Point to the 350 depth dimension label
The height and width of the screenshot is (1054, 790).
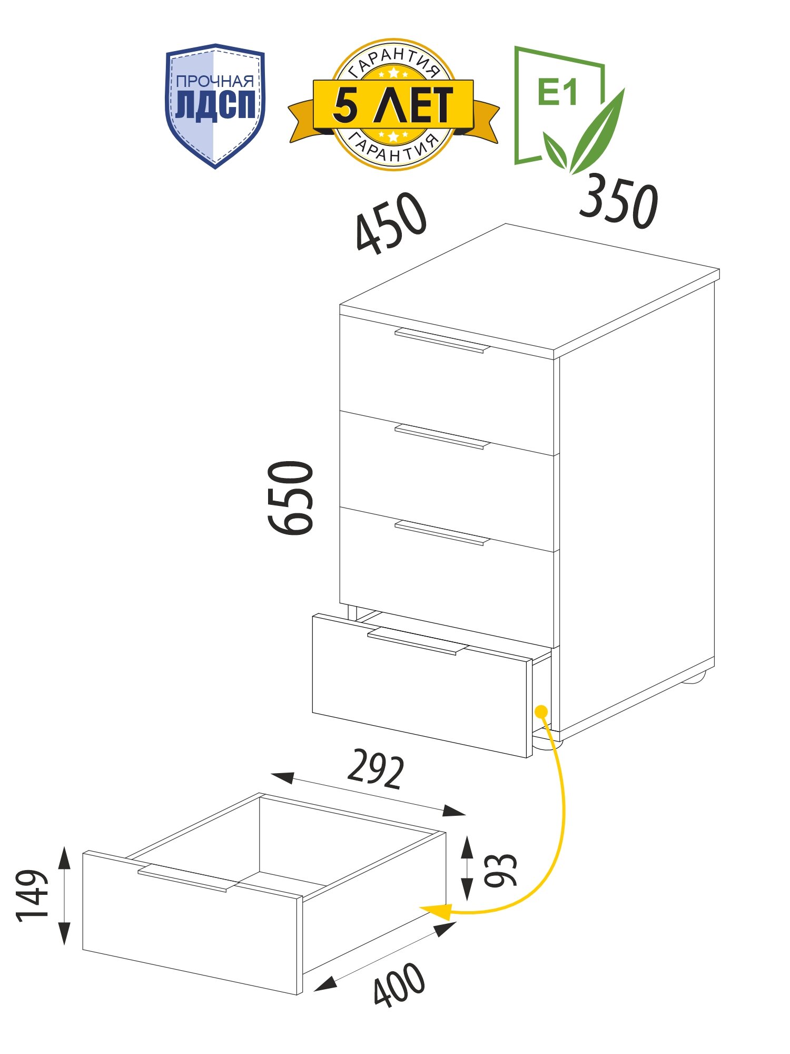618,201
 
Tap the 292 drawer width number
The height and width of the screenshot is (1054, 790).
376,769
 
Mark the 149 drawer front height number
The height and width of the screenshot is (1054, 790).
33,895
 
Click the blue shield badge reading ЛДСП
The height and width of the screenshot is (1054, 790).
215,105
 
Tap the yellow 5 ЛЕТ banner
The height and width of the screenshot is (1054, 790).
393,104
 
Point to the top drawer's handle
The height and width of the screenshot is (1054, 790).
442,340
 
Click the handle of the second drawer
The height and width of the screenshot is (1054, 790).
442,437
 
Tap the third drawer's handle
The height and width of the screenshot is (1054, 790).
442,533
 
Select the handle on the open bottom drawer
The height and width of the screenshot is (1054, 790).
418,641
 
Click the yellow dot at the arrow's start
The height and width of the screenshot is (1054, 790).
540,711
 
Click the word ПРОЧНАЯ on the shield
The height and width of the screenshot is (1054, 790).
215,82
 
